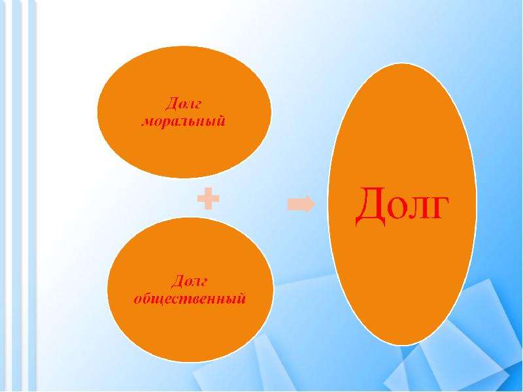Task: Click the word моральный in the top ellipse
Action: point(184,122)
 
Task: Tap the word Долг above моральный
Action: point(184,104)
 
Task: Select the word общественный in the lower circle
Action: point(190,300)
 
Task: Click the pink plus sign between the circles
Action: point(208,198)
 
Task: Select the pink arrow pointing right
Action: point(301,204)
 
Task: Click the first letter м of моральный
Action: point(148,122)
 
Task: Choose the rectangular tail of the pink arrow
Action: point(295,204)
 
